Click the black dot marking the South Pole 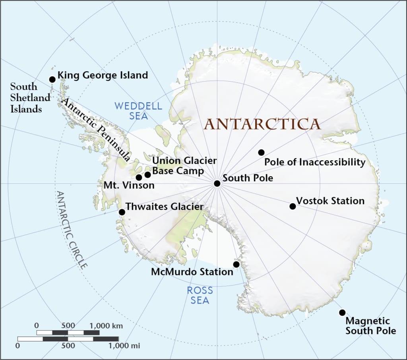click(x=217, y=183)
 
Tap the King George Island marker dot click(x=52, y=80)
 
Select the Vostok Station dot click(x=293, y=206)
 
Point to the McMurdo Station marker click(x=236, y=265)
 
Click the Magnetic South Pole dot click(x=342, y=313)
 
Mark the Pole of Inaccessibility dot click(x=261, y=152)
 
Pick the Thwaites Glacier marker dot click(x=122, y=212)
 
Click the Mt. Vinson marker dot click(x=139, y=177)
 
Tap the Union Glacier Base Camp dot click(x=148, y=174)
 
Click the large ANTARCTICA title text click(x=262, y=124)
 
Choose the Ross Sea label click(x=200, y=295)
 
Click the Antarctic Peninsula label click(x=95, y=129)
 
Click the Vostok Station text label click(x=330, y=201)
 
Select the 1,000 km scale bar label click(x=107, y=326)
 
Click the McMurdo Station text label click(x=192, y=272)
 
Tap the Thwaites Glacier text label click(x=165, y=207)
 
